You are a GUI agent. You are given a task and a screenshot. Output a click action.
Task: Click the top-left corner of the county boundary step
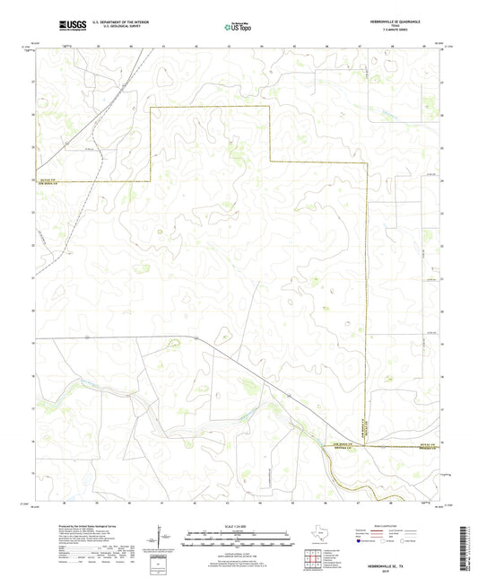(150, 107)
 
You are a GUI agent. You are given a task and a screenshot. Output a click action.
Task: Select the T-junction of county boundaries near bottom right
(367, 445)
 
